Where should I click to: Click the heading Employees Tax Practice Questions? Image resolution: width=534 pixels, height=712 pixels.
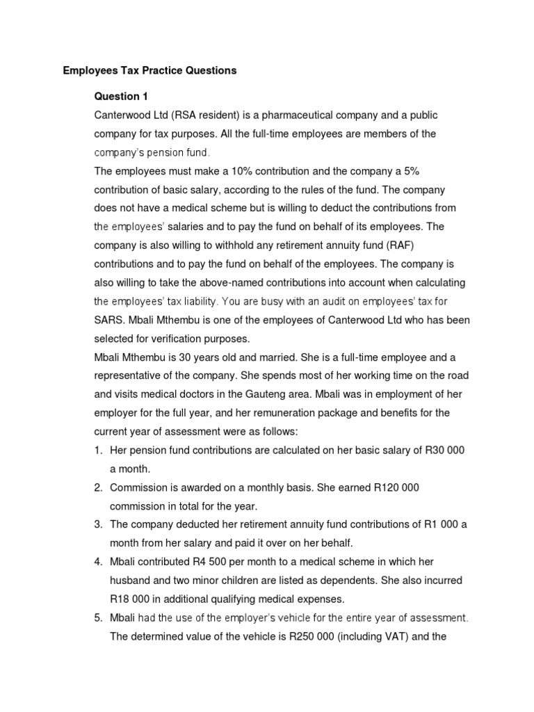(x=149, y=70)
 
